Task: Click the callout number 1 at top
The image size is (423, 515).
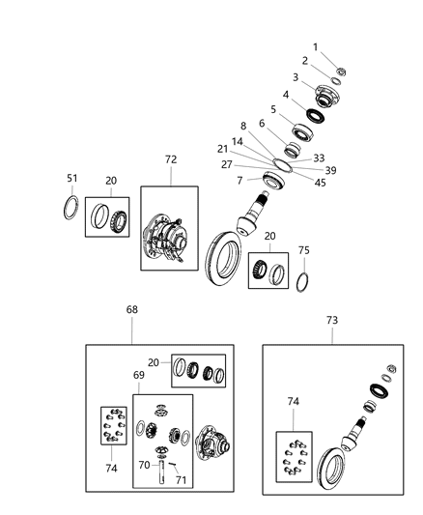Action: [x=314, y=47]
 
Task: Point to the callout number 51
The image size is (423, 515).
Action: [x=71, y=178]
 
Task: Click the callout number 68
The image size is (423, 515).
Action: [x=132, y=310]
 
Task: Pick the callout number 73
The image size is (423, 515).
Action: [x=331, y=318]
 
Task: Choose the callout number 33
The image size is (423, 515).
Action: [x=319, y=158]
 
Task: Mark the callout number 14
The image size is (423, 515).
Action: [x=238, y=140]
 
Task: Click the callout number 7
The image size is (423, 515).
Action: [x=238, y=180]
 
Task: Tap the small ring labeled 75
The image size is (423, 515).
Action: [x=302, y=281]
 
